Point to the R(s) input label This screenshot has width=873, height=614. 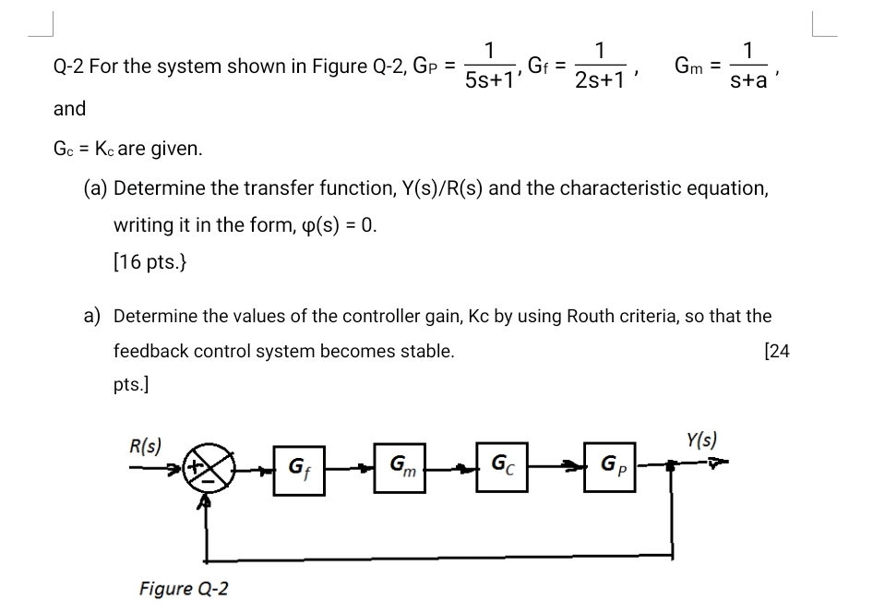[144, 444]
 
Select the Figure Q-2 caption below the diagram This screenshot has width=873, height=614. [185, 588]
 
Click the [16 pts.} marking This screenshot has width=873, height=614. [151, 261]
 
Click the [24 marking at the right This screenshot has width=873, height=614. [777, 351]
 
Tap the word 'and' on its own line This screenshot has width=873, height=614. [69, 109]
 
